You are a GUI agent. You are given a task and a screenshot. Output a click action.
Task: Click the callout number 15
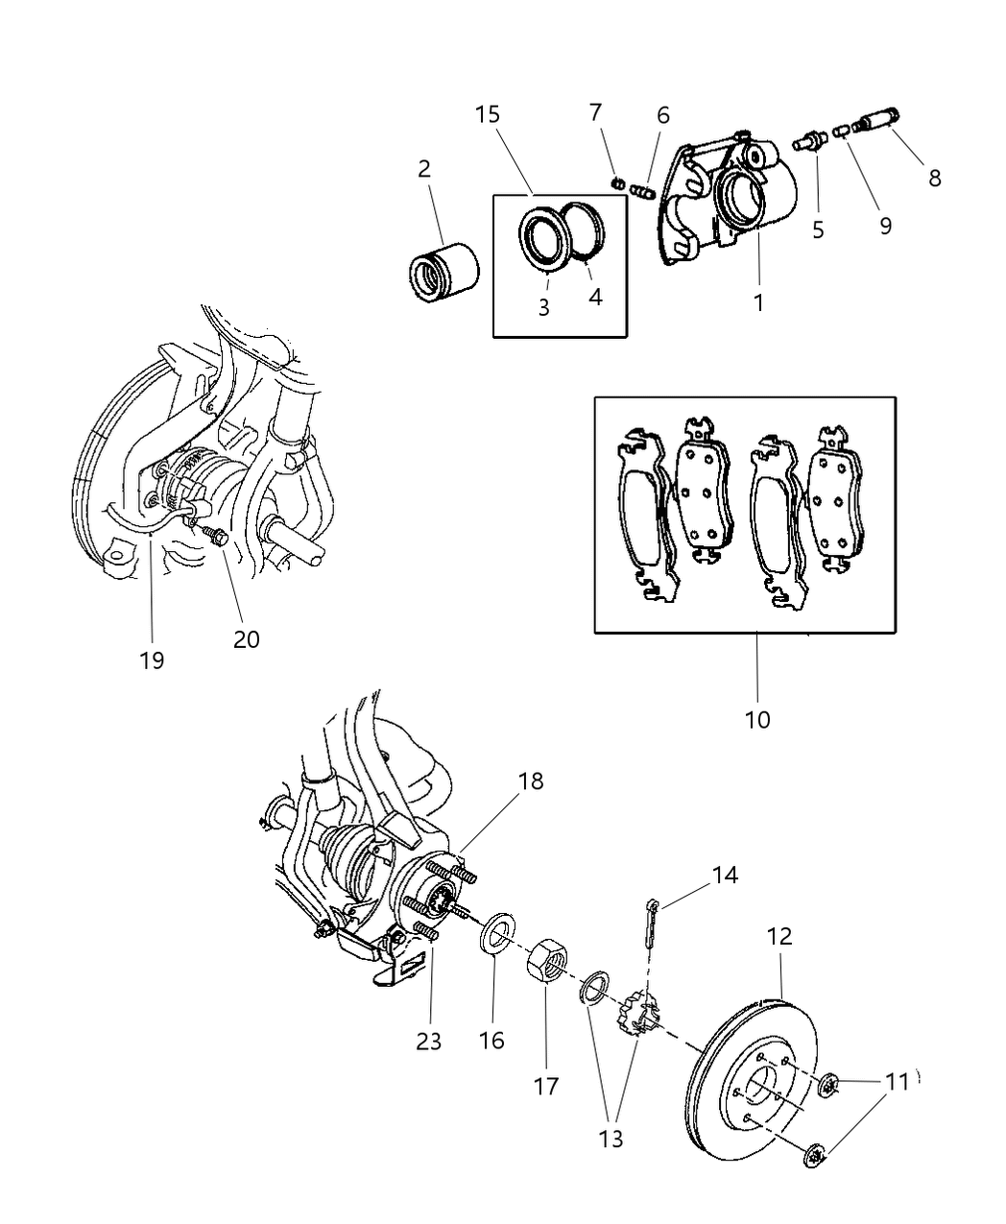487,115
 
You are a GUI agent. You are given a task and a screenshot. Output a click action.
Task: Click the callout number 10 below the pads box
757,719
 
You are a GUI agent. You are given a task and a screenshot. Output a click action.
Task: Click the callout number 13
611,1139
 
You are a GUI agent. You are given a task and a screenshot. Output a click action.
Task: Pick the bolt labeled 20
215,538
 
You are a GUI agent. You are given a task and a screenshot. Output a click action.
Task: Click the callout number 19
152,660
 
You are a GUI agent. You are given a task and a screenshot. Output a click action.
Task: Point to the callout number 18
530,781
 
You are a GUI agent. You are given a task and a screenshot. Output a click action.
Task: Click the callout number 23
429,1041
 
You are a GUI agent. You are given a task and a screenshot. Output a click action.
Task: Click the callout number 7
595,112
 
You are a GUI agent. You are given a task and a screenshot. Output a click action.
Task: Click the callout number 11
897,1082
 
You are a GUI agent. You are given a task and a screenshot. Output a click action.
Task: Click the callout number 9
885,225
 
